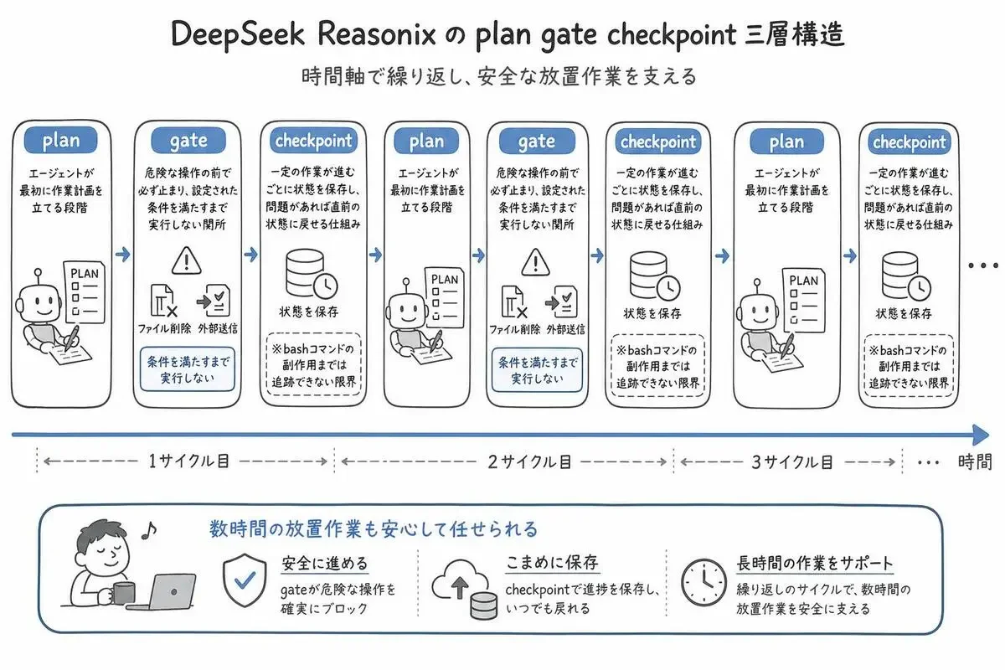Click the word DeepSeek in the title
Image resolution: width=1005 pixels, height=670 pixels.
[x=238, y=35]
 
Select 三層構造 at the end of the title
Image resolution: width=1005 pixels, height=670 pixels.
[x=795, y=34]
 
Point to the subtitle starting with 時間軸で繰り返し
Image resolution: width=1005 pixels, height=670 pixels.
[x=499, y=76]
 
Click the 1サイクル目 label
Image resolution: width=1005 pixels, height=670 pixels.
[x=189, y=461]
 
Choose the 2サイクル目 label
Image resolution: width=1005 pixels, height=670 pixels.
[x=529, y=461]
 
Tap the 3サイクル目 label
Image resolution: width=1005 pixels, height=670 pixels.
[x=792, y=461]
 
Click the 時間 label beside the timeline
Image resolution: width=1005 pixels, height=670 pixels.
[x=975, y=461]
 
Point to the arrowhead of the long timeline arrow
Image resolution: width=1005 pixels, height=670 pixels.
[x=981, y=435]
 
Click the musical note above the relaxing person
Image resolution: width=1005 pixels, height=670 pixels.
[x=149, y=530]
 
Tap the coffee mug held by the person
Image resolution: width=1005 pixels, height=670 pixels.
[x=121, y=593]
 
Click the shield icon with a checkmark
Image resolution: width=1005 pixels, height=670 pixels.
[x=245, y=580]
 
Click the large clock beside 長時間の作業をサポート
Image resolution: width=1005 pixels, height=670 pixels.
[x=703, y=583]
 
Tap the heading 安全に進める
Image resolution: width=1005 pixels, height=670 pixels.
[x=325, y=563]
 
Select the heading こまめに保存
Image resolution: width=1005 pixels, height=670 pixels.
[x=552, y=562]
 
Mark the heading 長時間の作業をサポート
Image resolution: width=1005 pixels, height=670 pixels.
[x=814, y=563]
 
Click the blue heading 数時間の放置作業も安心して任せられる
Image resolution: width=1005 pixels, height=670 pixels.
[x=374, y=529]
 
